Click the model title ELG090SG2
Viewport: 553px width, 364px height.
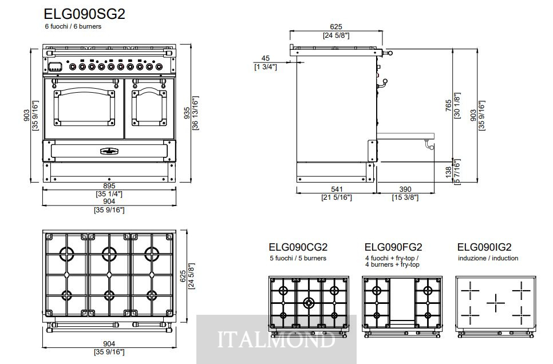84,14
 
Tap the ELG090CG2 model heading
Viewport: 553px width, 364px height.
298,247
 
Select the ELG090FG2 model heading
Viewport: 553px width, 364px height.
393,247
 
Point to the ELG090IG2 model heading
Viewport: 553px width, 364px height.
484,247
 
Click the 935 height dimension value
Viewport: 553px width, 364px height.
187,113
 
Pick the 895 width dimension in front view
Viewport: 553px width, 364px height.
109,186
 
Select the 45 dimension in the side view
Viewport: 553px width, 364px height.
266,58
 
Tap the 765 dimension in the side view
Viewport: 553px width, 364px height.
448,106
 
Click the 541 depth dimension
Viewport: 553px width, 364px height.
337,189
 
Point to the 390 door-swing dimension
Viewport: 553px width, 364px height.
405,189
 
